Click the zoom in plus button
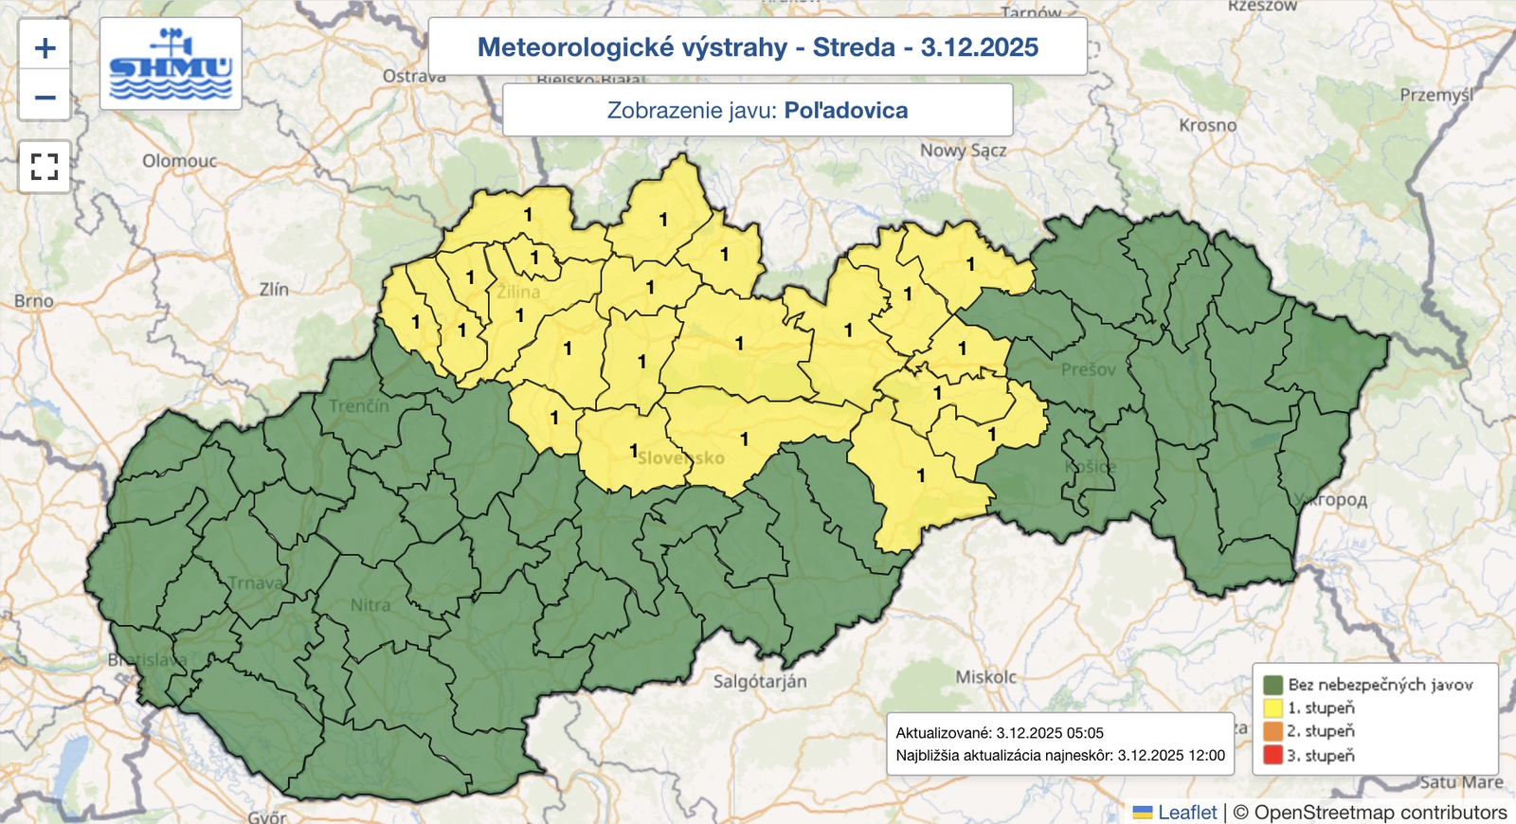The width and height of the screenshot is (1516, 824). (x=45, y=48)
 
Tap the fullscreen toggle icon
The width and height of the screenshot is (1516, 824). (x=45, y=167)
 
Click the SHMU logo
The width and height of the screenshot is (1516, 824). (x=171, y=64)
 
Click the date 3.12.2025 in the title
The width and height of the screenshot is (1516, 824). (x=979, y=47)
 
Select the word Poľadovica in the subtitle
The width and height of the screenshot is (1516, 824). (x=845, y=111)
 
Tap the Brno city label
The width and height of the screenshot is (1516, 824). (x=34, y=300)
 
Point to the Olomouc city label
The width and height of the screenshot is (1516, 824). (x=179, y=161)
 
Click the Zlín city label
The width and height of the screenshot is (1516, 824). (x=274, y=289)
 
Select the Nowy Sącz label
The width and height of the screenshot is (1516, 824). (x=963, y=150)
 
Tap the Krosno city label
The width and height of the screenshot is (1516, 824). (x=1207, y=125)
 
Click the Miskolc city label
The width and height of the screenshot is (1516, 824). (x=985, y=677)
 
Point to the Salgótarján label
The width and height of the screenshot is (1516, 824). (x=760, y=681)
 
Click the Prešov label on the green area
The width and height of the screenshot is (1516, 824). (x=1088, y=369)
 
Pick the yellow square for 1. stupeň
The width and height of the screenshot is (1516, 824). (x=1272, y=708)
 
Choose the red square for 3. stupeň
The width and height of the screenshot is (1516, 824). (x=1272, y=755)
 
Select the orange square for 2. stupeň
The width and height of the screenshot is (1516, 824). (x=1272, y=731)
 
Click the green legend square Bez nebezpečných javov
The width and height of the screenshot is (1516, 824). (x=1272, y=684)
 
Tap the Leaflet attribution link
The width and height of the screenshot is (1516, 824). (x=1186, y=812)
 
